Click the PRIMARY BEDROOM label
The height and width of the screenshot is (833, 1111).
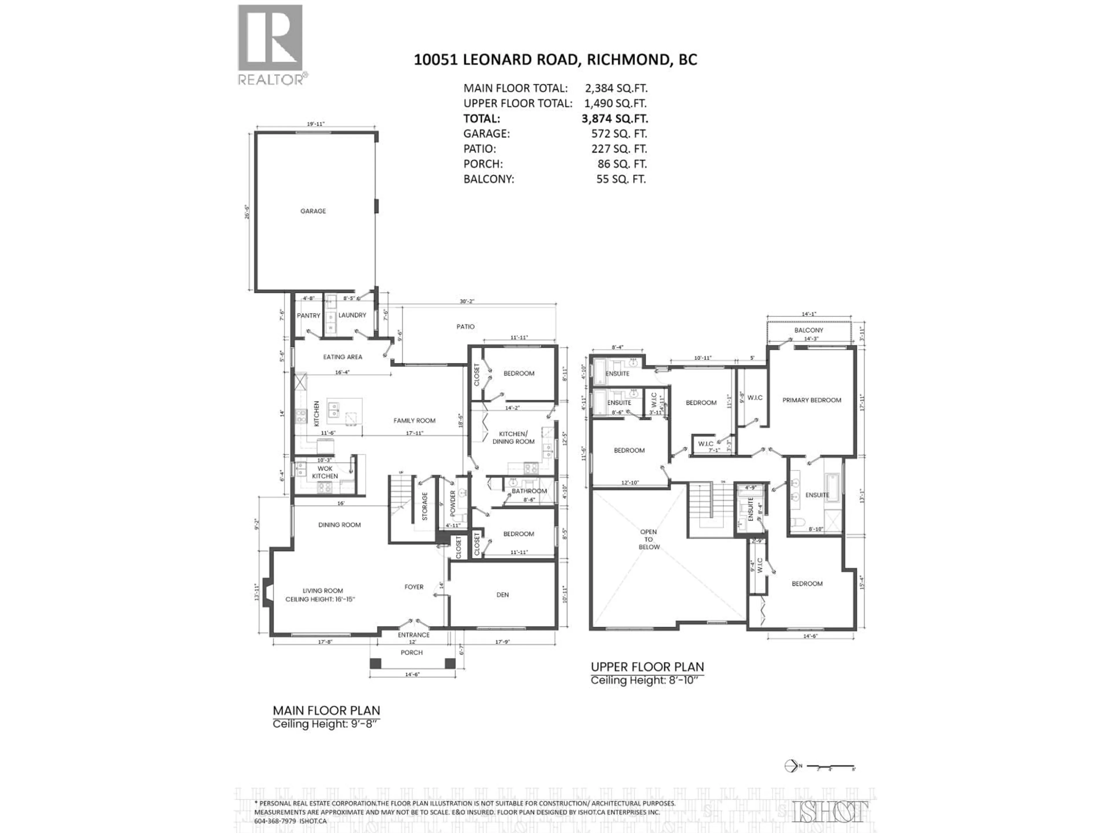[x=812, y=400]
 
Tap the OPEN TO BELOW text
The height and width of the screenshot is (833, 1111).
[x=649, y=539]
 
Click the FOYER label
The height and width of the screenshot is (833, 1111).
[x=414, y=587]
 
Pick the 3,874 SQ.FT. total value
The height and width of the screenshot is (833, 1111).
[x=615, y=119]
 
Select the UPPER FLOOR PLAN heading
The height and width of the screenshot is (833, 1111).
[x=647, y=667]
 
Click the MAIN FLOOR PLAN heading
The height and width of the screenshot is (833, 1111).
[x=326, y=710]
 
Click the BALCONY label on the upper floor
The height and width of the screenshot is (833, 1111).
[x=809, y=330]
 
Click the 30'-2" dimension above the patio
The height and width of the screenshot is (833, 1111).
[x=467, y=301]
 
